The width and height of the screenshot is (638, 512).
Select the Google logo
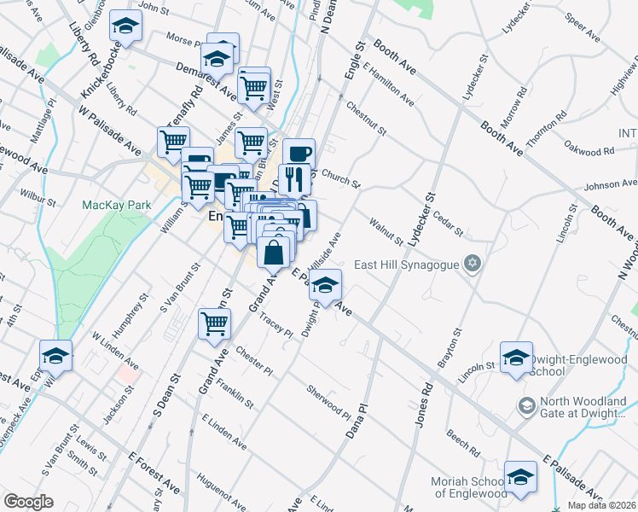coord(27,502)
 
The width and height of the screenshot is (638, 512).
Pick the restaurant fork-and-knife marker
coord(294,179)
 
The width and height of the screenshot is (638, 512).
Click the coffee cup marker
coord(299,154)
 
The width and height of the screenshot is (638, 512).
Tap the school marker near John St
coord(126,28)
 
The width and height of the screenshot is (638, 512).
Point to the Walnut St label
coord(386,233)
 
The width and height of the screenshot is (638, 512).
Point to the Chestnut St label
coord(367,119)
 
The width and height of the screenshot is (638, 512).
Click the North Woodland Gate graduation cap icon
coord(525,404)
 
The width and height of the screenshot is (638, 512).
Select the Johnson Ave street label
coord(610,183)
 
